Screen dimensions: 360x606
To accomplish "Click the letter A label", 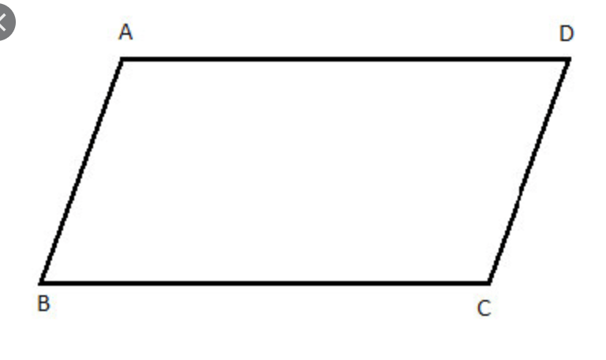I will pos(125,32).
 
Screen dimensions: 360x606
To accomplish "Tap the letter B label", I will pos(43,305).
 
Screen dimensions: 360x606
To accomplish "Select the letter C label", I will pos(484,309).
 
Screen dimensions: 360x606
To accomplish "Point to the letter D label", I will pos(567,34).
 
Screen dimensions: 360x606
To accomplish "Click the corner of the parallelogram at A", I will pos(122,59).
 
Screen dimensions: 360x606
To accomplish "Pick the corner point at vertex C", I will pos(488,282).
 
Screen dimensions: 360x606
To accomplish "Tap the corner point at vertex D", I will pos(568,59).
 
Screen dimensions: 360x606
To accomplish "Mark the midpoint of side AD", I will pos(346,59).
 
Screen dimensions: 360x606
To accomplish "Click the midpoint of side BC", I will pos(265,282).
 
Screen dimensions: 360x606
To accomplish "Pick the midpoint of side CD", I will pos(529,171).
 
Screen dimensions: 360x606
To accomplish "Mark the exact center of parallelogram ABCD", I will pos(305,171).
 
